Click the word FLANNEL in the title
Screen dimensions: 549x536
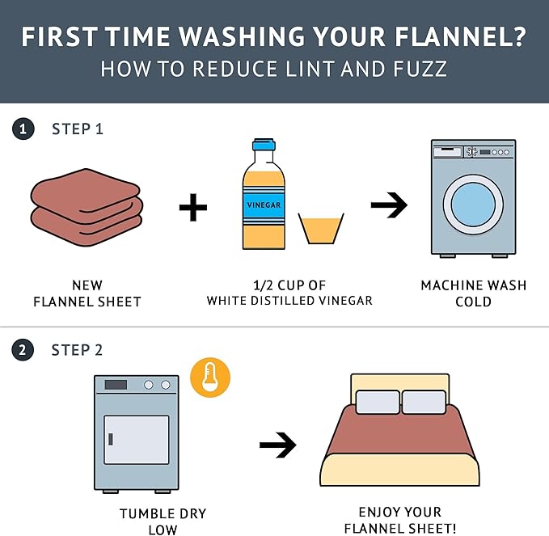[x=459, y=36]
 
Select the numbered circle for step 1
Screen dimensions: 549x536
[x=23, y=129]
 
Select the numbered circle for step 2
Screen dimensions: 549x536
[x=23, y=350]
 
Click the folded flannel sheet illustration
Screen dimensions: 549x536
[x=87, y=207]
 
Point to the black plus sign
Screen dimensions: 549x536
[x=193, y=207]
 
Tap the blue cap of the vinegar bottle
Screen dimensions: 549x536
[x=264, y=144]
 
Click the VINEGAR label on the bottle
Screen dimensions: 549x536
[x=264, y=205]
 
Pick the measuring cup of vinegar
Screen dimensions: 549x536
[x=321, y=228]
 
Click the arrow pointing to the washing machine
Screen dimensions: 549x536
[x=389, y=205]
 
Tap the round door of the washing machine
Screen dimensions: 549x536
[x=473, y=205]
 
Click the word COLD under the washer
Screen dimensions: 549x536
[x=473, y=302]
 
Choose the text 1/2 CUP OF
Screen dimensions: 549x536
[x=289, y=285]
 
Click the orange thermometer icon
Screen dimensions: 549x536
[x=210, y=378]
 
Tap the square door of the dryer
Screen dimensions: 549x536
[x=137, y=440]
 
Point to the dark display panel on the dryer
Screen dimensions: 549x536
[x=116, y=385]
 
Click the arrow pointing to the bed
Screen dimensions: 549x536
[x=278, y=445]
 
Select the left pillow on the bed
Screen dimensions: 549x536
[x=378, y=402]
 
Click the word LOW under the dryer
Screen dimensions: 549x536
[x=163, y=530]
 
